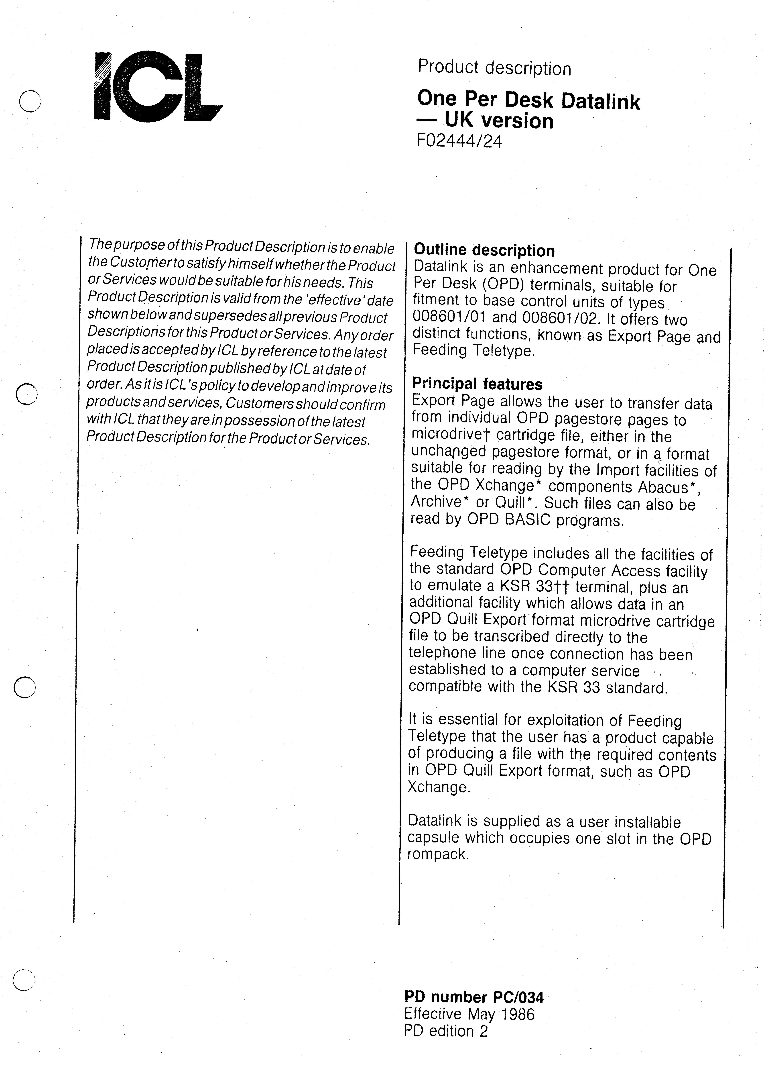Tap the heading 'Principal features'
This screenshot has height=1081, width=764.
(x=477, y=384)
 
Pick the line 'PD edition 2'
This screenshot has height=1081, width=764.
(x=446, y=1031)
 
